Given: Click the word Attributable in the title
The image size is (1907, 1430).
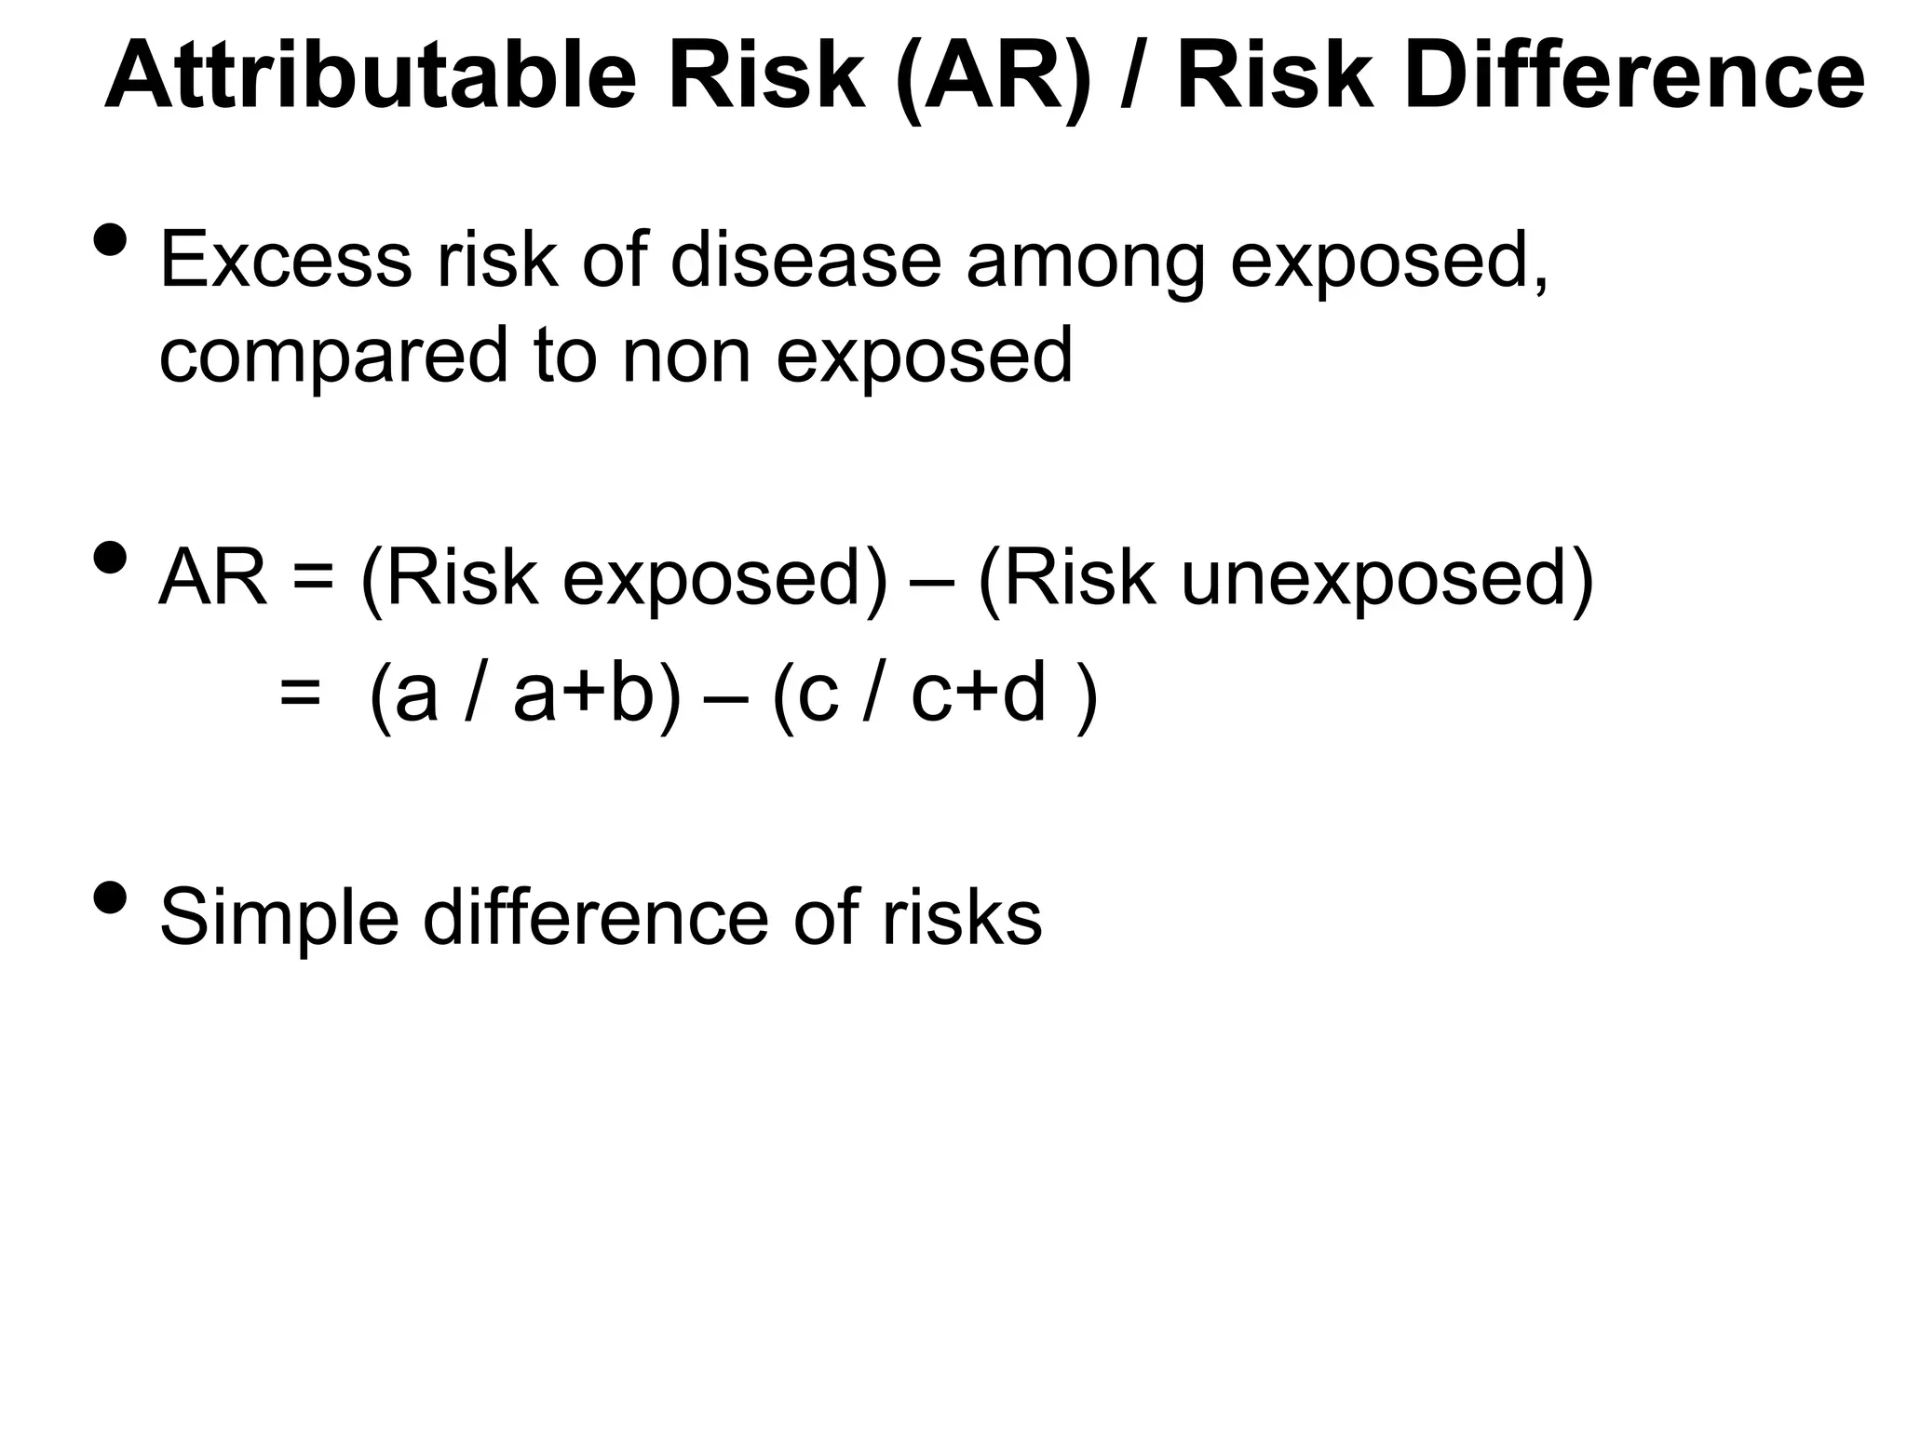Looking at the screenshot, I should pyautogui.click(x=371, y=76).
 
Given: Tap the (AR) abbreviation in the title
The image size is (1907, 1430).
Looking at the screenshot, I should pyautogui.click(x=994, y=78).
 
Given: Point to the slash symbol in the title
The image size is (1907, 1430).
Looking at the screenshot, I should pyautogui.click(x=1133, y=78).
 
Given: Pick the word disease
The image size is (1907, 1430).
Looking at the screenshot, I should pyautogui.click(x=805, y=260).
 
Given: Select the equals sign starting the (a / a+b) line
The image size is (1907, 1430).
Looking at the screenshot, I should pyautogui.click(x=300, y=695).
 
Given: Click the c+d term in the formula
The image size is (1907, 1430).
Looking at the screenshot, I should pyautogui.click(x=979, y=695).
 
